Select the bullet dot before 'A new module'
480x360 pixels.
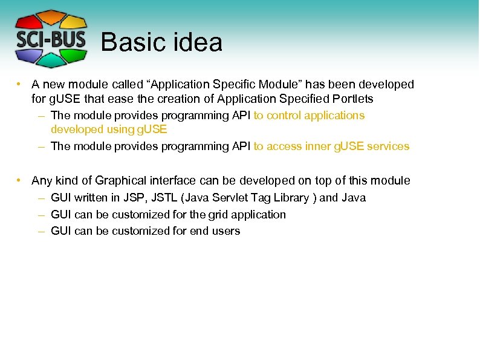pos(20,84)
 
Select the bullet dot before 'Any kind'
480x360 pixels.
pos(20,180)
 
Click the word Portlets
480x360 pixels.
pos(353,99)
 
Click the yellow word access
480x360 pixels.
pos(284,146)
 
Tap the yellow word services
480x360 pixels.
pos(388,146)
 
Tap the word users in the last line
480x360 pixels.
pos(225,231)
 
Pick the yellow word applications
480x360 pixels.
pos(339,115)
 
